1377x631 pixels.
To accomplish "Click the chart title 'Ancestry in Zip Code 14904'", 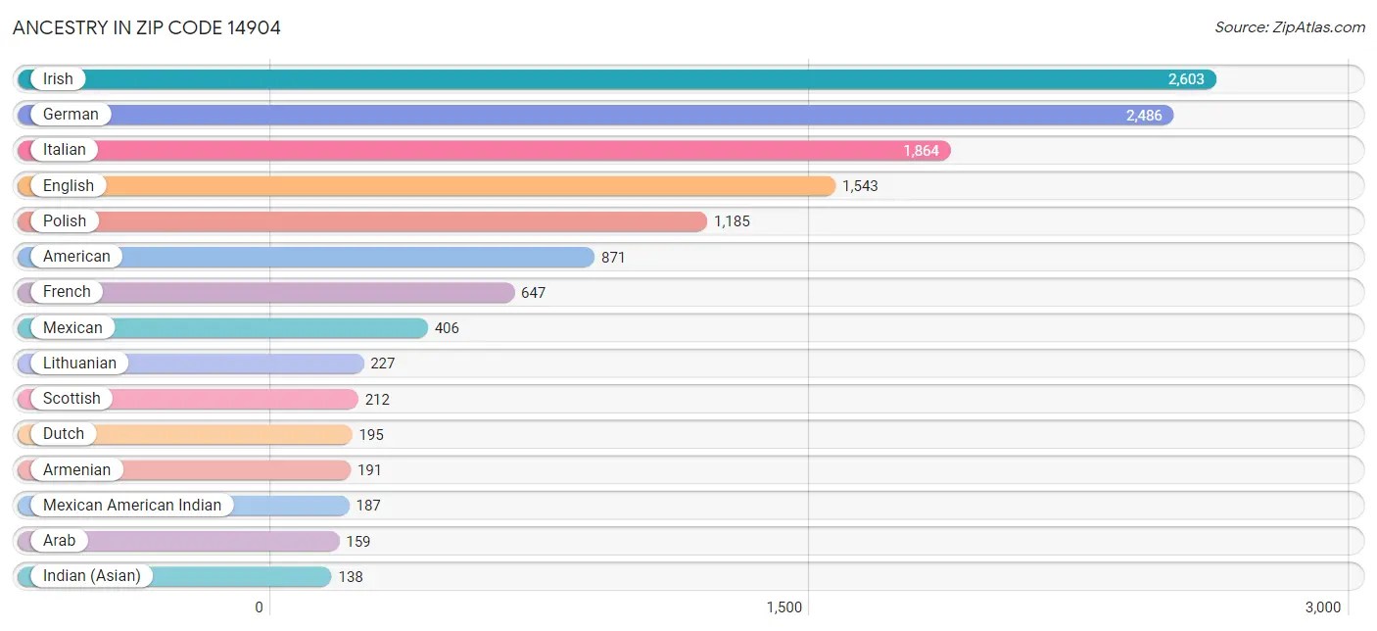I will coord(147,27).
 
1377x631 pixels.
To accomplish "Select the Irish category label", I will coord(58,79).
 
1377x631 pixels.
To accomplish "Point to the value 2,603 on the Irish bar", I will coord(1185,79).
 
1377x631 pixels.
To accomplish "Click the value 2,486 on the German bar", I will coord(1143,116).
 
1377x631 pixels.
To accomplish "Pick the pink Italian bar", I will coord(490,151).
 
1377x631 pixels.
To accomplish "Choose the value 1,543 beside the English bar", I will coord(860,186).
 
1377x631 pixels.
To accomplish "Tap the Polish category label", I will coord(65,221).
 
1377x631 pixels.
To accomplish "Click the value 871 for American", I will coord(613,258).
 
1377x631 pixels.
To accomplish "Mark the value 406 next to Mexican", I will coord(447,328).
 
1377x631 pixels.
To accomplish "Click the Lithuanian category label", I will coord(79,364).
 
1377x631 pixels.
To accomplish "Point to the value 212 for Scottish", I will coord(377,400).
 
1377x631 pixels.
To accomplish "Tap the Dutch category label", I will coord(64,434).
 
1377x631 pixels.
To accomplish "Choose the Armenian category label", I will coord(76,470).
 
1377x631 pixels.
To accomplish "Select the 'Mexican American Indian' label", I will coord(132,506).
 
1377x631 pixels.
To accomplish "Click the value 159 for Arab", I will coord(358,542).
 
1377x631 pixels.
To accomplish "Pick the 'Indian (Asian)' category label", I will coord(91,576).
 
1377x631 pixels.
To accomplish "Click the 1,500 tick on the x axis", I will coord(784,607).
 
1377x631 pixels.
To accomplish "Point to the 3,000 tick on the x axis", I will coord(1322,607).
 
